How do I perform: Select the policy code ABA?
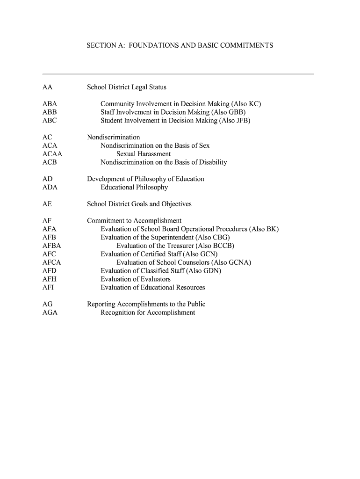point(50,104)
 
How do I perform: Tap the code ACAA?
point(52,154)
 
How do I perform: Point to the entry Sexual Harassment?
point(144,154)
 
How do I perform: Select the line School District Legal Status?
point(127,87)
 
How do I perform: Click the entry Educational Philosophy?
point(134,187)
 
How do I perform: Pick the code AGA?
point(50,312)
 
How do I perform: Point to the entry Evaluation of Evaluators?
point(136,279)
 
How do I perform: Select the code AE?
point(47,204)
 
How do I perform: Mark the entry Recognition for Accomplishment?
point(148,312)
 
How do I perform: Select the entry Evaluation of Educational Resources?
point(153,287)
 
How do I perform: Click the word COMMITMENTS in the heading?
point(243,46)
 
